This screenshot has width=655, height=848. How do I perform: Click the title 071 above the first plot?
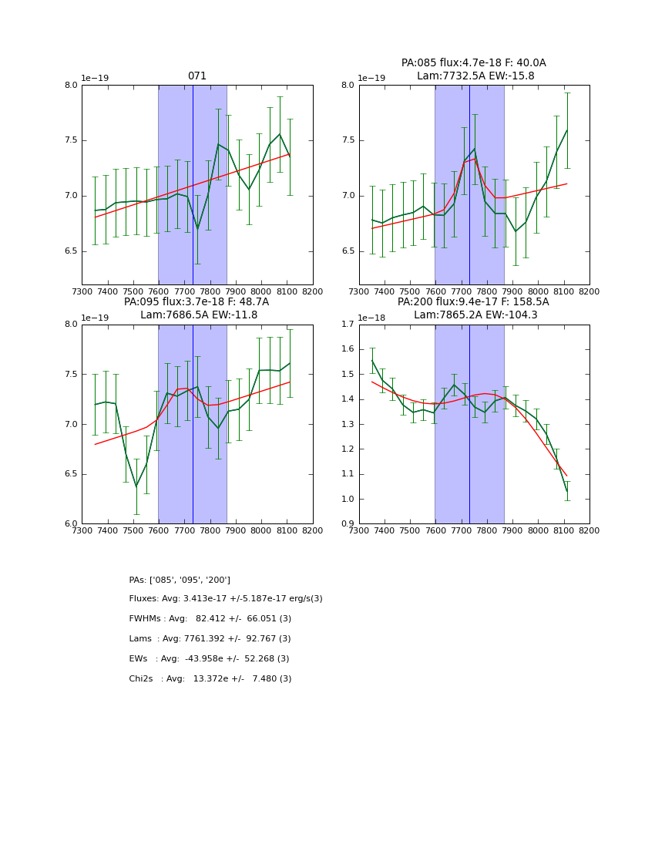coord(197,76)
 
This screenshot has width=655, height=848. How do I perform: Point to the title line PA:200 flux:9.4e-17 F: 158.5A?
coord(473,302)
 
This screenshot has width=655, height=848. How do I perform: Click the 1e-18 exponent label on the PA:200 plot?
coord(373,318)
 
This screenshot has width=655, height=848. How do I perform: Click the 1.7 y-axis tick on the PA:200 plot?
coord(348,325)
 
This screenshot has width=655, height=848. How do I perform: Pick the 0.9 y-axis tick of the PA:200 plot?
coord(348,524)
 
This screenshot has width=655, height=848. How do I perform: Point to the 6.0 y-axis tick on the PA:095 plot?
coord(71,524)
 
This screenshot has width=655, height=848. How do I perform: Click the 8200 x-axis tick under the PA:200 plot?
coord(589,530)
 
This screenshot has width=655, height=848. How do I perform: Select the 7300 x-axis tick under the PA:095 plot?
coord(82,530)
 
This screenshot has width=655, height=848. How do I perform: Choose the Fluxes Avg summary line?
coord(226,599)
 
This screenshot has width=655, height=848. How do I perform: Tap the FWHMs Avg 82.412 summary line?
coord(210,619)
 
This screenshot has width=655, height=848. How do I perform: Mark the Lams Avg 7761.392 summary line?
coord(210,639)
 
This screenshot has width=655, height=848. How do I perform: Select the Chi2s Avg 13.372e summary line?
coord(210,679)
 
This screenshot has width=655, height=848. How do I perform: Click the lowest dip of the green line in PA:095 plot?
coord(136,487)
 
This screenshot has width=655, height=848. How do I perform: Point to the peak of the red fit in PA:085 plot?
coord(475,159)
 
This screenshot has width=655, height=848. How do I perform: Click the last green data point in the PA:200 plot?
coord(566,491)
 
